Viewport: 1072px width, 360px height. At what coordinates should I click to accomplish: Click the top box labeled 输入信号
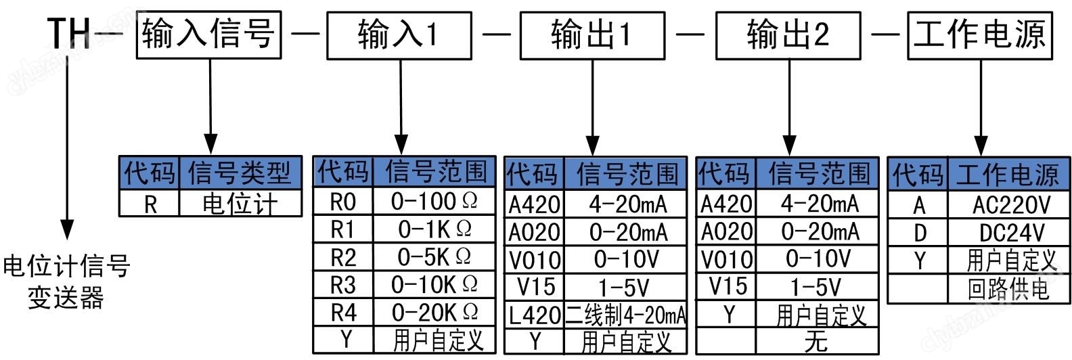pos(208,34)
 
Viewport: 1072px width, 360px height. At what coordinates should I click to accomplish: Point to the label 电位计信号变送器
pos(66,282)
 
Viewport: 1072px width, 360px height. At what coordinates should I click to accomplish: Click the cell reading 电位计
pos(240,204)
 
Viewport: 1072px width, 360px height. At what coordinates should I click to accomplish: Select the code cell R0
pos(342,201)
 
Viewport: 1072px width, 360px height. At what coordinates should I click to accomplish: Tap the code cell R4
pos(342,313)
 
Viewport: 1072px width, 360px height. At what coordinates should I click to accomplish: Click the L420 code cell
pos(534,315)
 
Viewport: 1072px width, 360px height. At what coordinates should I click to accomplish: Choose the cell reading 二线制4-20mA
pos(625,315)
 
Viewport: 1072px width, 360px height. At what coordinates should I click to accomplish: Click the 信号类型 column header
pos(240,173)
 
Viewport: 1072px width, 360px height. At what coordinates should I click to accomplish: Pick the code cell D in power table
pos(918,233)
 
